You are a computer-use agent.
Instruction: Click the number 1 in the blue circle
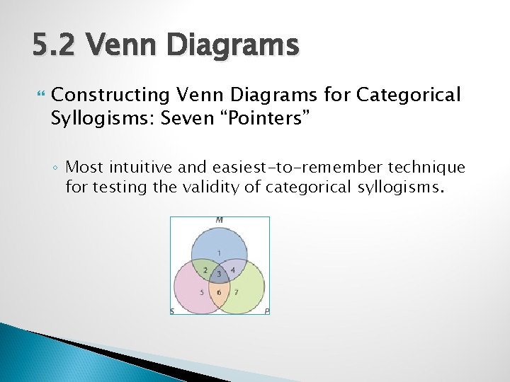point(219,253)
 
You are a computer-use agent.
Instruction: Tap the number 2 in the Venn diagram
point(205,270)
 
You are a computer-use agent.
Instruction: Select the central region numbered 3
point(219,274)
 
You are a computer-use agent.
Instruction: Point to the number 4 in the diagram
point(233,270)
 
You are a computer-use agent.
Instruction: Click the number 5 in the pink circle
point(201,292)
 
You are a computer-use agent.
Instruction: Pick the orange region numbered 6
point(219,293)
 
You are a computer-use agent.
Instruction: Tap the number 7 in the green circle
point(237,292)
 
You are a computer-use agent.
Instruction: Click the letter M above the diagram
point(219,220)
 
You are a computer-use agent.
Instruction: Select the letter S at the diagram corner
point(172,311)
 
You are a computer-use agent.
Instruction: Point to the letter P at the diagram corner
point(266,311)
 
